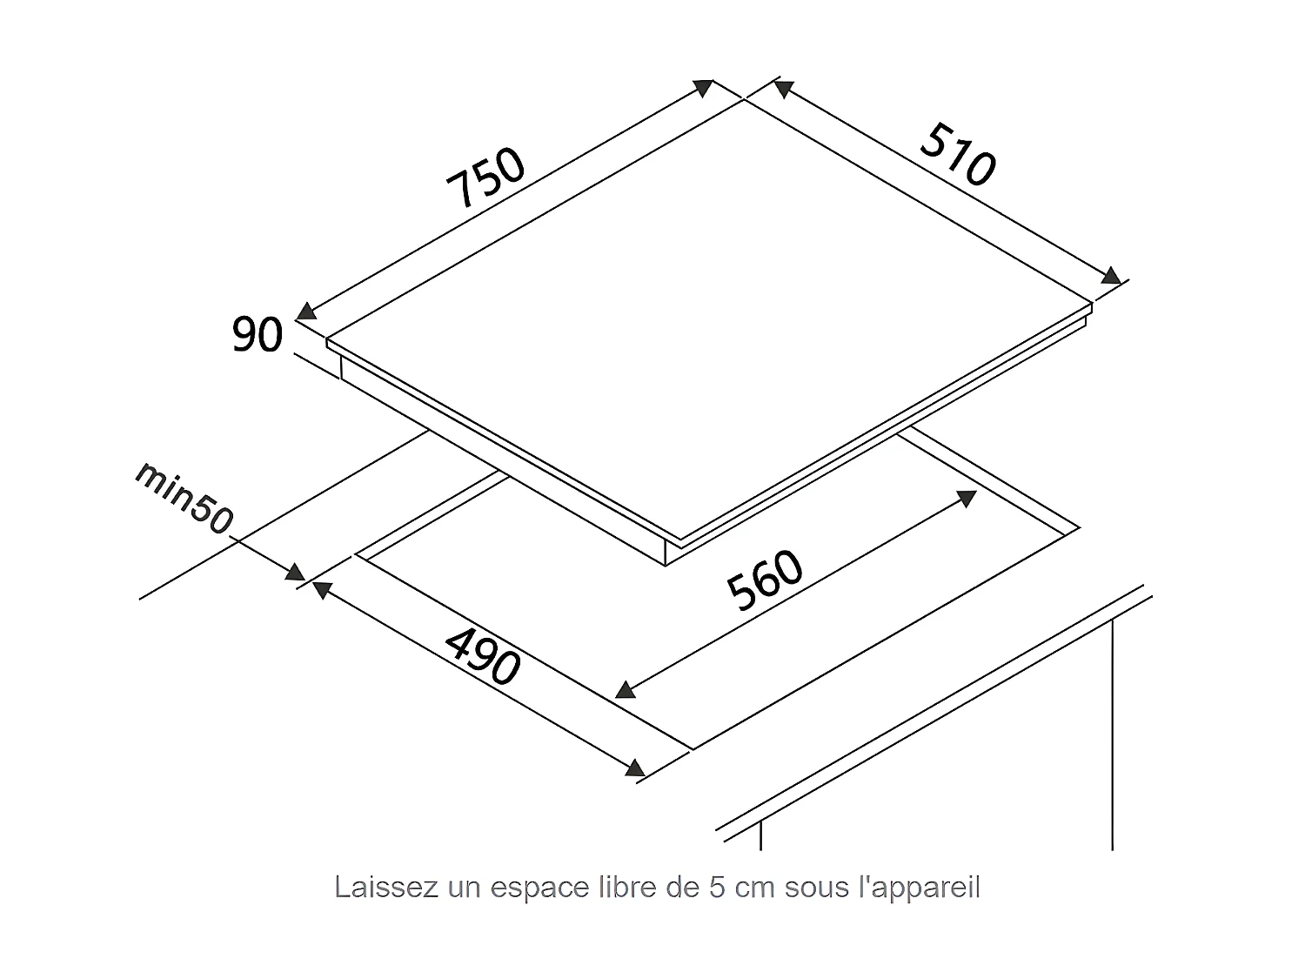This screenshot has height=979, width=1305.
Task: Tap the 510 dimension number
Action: (957, 156)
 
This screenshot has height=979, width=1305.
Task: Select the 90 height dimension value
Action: (258, 336)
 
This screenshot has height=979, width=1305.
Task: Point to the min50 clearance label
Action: (184, 497)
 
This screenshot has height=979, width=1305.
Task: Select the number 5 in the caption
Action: (716, 888)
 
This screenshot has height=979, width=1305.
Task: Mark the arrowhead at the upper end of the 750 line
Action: (704, 87)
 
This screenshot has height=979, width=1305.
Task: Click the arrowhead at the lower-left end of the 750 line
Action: (306, 311)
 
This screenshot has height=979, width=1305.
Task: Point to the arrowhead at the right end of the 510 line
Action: (1111, 276)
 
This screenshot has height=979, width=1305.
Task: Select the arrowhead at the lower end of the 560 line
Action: (625, 689)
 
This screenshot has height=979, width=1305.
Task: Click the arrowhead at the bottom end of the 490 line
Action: (636, 768)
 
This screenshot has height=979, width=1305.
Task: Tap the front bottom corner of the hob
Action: (666, 565)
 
